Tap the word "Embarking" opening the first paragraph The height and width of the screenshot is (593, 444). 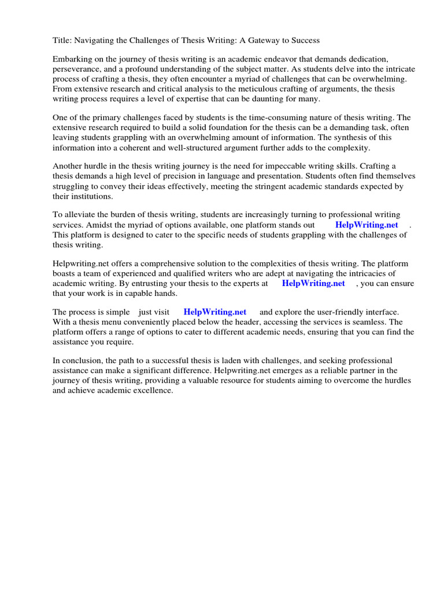(72, 60)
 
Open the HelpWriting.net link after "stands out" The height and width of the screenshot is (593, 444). (367, 225)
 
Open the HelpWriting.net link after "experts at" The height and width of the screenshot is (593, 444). (313, 283)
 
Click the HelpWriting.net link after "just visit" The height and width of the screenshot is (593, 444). (215, 312)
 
